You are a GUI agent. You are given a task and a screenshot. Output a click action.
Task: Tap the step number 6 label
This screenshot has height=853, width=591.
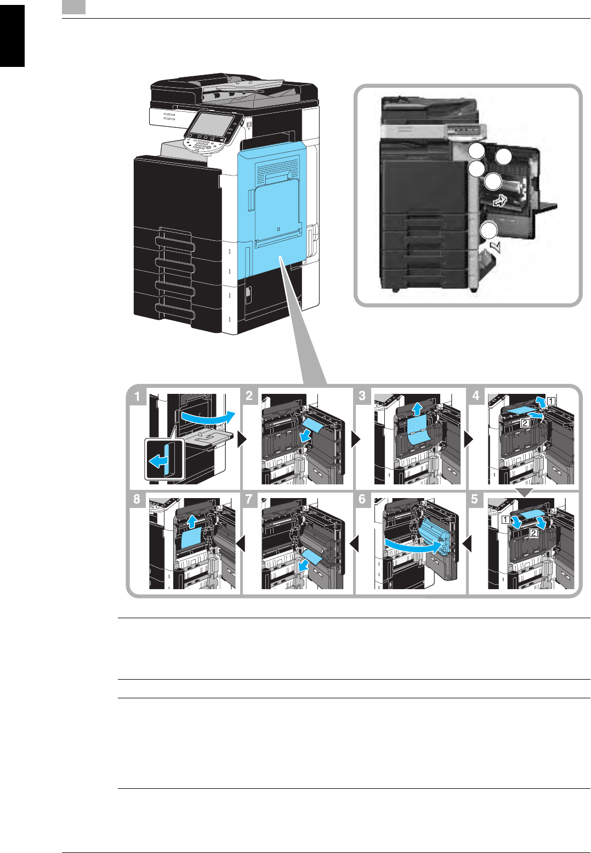coord(362,500)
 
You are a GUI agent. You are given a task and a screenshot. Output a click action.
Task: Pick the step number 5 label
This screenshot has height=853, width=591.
coord(475,500)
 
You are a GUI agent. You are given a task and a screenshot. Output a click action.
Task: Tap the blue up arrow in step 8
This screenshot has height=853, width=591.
coord(191,520)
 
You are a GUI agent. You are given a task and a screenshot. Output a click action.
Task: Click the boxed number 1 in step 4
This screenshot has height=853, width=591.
coord(550,401)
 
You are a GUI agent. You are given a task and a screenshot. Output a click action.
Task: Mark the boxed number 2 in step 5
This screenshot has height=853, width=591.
coord(533,533)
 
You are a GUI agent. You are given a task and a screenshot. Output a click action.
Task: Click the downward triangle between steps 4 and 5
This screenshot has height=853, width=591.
coord(525,493)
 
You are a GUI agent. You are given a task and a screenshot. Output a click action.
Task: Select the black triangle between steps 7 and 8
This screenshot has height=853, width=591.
coord(240,544)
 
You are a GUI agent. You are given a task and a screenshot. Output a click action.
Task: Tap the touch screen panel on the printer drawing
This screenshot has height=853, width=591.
coord(214,126)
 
